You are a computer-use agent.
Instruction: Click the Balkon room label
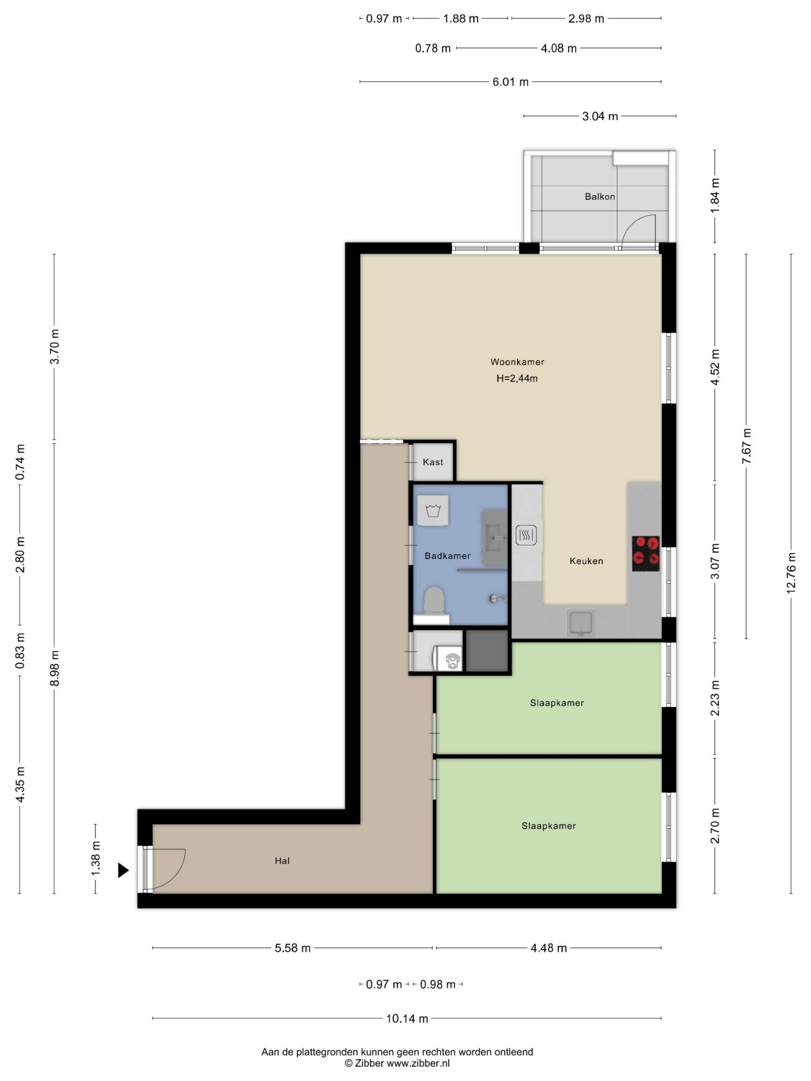[599, 196]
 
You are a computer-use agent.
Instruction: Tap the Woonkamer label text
[517, 361]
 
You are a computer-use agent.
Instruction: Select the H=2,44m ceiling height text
[517, 378]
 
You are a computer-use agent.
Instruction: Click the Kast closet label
[433, 462]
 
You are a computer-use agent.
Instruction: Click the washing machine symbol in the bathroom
[433, 511]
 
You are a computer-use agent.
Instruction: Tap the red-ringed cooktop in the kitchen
[645, 553]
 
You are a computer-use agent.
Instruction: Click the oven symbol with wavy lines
[526, 535]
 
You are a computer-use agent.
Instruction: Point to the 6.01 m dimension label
[510, 81]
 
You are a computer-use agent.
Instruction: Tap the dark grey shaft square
[487, 650]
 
